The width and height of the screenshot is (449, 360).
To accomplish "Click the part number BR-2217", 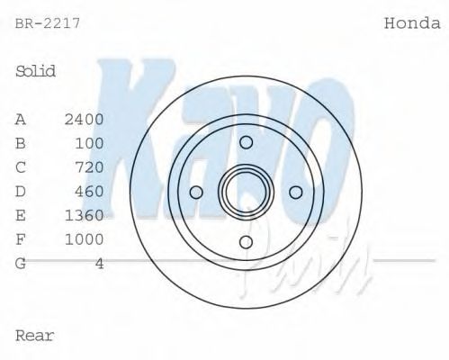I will point(48,23).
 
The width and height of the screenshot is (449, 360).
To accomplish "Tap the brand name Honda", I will point(412,23).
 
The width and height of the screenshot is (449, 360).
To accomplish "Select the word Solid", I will point(36,71).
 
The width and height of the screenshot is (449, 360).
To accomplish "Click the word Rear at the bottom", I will point(35,336).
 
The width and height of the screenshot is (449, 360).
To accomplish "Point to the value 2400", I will point(85,119).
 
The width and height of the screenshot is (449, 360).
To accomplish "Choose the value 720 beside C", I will point(89,166).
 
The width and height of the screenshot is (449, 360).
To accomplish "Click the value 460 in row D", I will point(89,191).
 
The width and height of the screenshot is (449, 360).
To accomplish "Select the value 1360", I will point(85,215).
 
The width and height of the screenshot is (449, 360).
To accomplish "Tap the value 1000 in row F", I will point(85,239).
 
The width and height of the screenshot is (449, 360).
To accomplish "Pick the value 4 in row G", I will point(99,264).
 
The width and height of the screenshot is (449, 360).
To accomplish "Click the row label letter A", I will point(21,119).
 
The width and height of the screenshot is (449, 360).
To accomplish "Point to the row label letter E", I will point(21,215).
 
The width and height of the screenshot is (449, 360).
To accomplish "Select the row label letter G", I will point(21,264).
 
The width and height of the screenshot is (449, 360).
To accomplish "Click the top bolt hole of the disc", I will point(246,142).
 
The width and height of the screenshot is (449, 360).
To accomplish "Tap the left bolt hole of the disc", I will point(196,192).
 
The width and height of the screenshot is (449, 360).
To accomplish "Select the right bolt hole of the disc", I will point(295,192).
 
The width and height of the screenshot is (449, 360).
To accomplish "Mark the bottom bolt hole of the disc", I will point(246,240).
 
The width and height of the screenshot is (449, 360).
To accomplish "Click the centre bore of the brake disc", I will point(246,191).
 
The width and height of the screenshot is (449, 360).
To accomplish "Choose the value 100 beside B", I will point(89,143).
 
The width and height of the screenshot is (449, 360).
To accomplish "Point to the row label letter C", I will point(21,166).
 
